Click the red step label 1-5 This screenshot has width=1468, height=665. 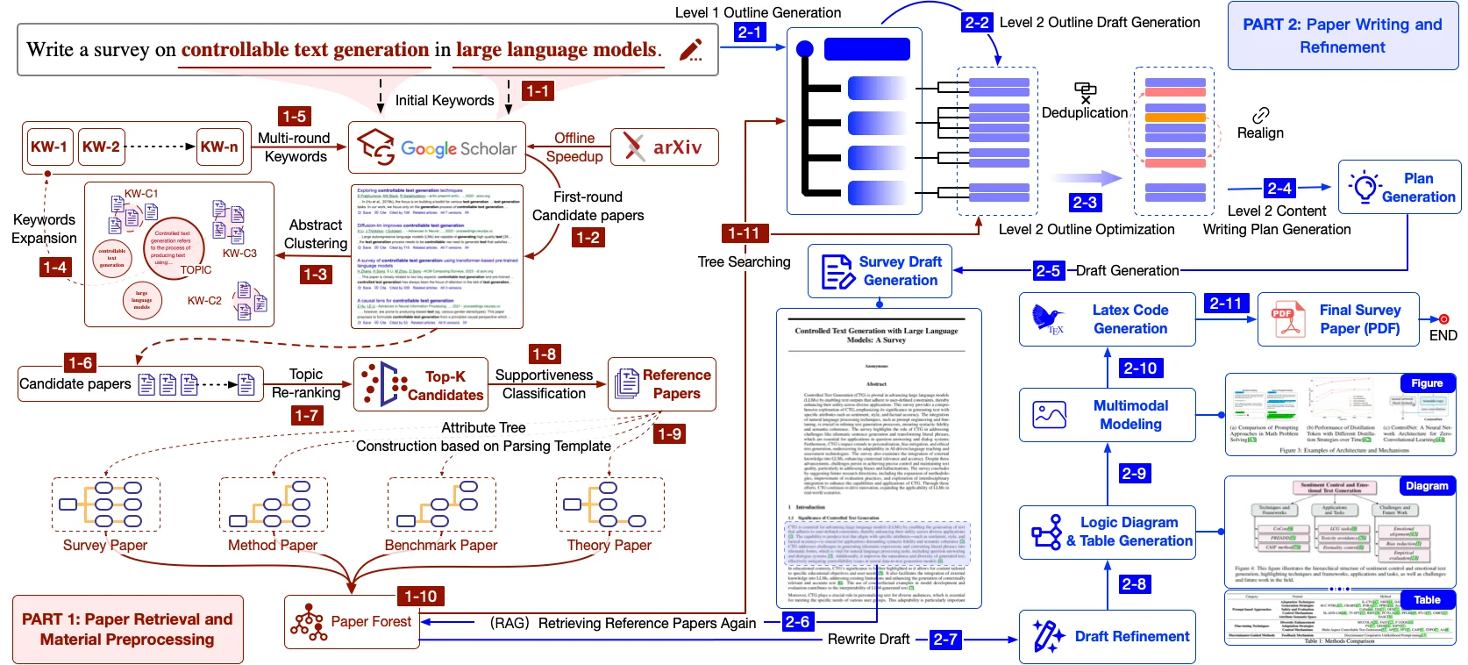pyautogui.click(x=294, y=116)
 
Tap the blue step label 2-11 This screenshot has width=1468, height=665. pyautogui.click(x=1225, y=304)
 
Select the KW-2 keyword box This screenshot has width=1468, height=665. pyautogui.click(x=101, y=147)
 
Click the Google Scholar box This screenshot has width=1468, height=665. pyautogui.click(x=438, y=148)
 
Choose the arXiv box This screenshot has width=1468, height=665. pyautogui.click(x=665, y=147)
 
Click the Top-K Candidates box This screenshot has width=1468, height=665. pyautogui.click(x=421, y=385)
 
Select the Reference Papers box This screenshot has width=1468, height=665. pyautogui.click(x=662, y=384)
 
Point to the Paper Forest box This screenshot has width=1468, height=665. pyautogui.click(x=352, y=622)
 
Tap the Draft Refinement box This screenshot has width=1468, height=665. pyautogui.click(x=1108, y=637)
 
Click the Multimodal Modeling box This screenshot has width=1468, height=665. pyautogui.click(x=1108, y=415)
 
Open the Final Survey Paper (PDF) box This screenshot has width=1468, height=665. pyautogui.click(x=1338, y=319)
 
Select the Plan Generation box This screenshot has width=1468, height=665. pyautogui.click(x=1399, y=188)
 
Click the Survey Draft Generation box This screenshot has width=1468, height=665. pyautogui.click(x=880, y=271)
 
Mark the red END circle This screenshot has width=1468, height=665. pyautogui.click(x=1443, y=319)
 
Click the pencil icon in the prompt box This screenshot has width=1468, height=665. pyautogui.click(x=691, y=50)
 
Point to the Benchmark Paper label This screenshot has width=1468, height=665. pyautogui.click(x=441, y=546)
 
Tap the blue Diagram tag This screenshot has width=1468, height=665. pyautogui.click(x=1427, y=486)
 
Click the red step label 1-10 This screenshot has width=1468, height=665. pyautogui.click(x=421, y=597)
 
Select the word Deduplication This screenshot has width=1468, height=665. pyautogui.click(x=1085, y=113)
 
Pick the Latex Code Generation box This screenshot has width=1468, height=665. pyautogui.click(x=1108, y=319)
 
